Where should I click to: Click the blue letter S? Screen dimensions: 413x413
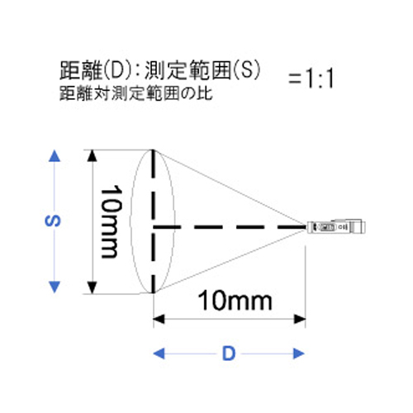(x=53, y=221)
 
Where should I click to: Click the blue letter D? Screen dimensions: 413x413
(x=229, y=354)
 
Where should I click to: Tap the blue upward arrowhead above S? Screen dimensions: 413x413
(x=55, y=156)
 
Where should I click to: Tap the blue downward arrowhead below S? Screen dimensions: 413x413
(x=55, y=287)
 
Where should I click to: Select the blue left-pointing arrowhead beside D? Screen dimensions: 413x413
(x=159, y=354)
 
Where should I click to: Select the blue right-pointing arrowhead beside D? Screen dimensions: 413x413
(x=299, y=354)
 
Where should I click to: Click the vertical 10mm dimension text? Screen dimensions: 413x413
(x=112, y=222)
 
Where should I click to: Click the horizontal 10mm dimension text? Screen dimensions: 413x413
(x=235, y=301)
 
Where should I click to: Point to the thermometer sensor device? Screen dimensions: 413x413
(x=336, y=226)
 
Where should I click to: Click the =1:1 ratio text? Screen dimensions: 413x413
(x=311, y=78)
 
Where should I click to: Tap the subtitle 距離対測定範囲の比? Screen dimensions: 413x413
(x=136, y=93)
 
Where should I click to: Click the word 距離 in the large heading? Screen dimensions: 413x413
(x=81, y=70)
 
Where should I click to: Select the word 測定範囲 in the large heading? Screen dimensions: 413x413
(x=188, y=70)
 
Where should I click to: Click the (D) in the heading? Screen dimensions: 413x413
(x=117, y=70)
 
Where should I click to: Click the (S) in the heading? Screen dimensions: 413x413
(x=246, y=70)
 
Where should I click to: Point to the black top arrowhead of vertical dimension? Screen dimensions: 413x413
(x=92, y=155)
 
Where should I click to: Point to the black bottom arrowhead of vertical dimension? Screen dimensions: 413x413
(x=92, y=287)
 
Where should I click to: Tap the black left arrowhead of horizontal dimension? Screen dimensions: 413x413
(x=159, y=320)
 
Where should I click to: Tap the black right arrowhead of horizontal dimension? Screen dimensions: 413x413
(x=300, y=320)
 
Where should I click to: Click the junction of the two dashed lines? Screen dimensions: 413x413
(x=154, y=227)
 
